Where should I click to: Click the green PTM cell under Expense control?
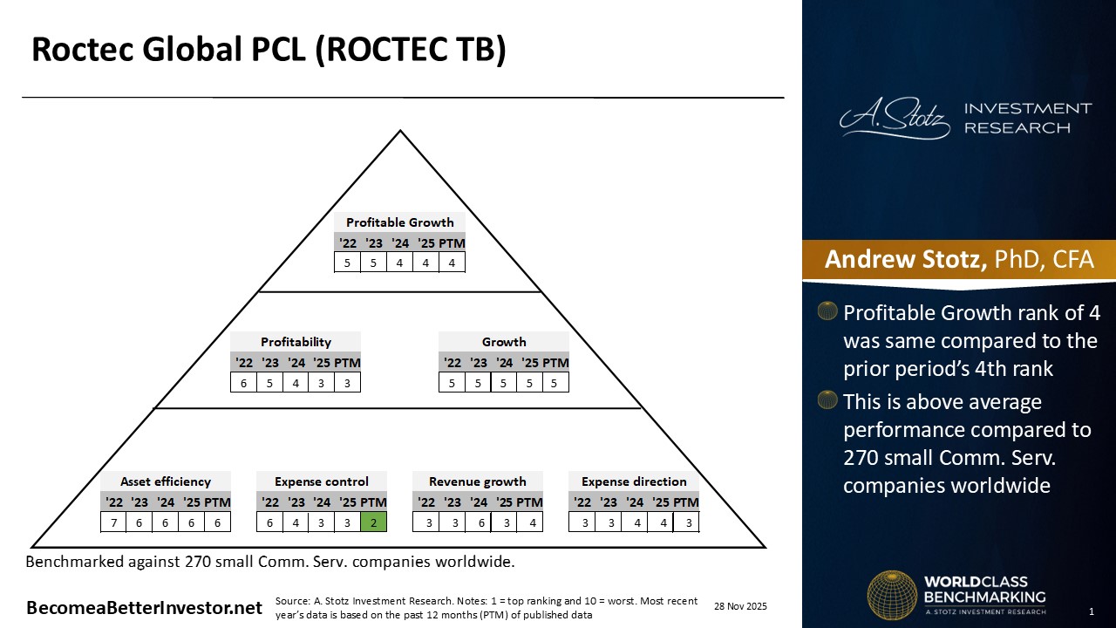point(373,522)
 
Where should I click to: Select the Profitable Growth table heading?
point(399,222)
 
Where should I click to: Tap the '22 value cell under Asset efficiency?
point(113,522)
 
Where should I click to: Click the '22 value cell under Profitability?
point(243,382)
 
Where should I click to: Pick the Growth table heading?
point(504,342)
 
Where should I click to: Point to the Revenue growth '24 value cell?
point(478,522)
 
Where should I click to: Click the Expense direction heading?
point(634,481)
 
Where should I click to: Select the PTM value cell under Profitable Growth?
point(452,262)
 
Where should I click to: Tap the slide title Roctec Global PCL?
point(269,51)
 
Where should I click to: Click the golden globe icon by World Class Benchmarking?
point(892,595)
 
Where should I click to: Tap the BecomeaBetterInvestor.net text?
point(144,608)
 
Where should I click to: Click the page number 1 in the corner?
point(1092,610)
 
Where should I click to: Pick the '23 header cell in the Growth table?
point(478,363)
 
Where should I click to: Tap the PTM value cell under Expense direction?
point(686,522)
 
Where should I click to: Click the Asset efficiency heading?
point(166,481)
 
